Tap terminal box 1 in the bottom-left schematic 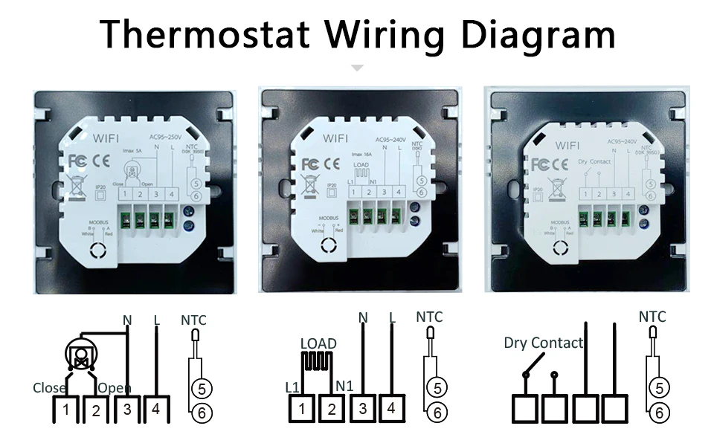click(67, 410)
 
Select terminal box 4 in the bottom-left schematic click(155, 409)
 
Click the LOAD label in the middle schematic click(318, 343)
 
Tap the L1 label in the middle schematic click(292, 387)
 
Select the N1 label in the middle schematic click(344, 387)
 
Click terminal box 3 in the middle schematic click(363, 408)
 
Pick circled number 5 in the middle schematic click(438, 387)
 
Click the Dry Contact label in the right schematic click(544, 343)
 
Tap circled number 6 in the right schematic click(658, 411)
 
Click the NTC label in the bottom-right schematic click(652, 317)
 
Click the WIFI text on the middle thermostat click(335, 138)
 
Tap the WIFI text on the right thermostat click(567, 146)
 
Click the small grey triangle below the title click(358, 68)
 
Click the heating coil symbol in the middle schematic click(318, 364)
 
